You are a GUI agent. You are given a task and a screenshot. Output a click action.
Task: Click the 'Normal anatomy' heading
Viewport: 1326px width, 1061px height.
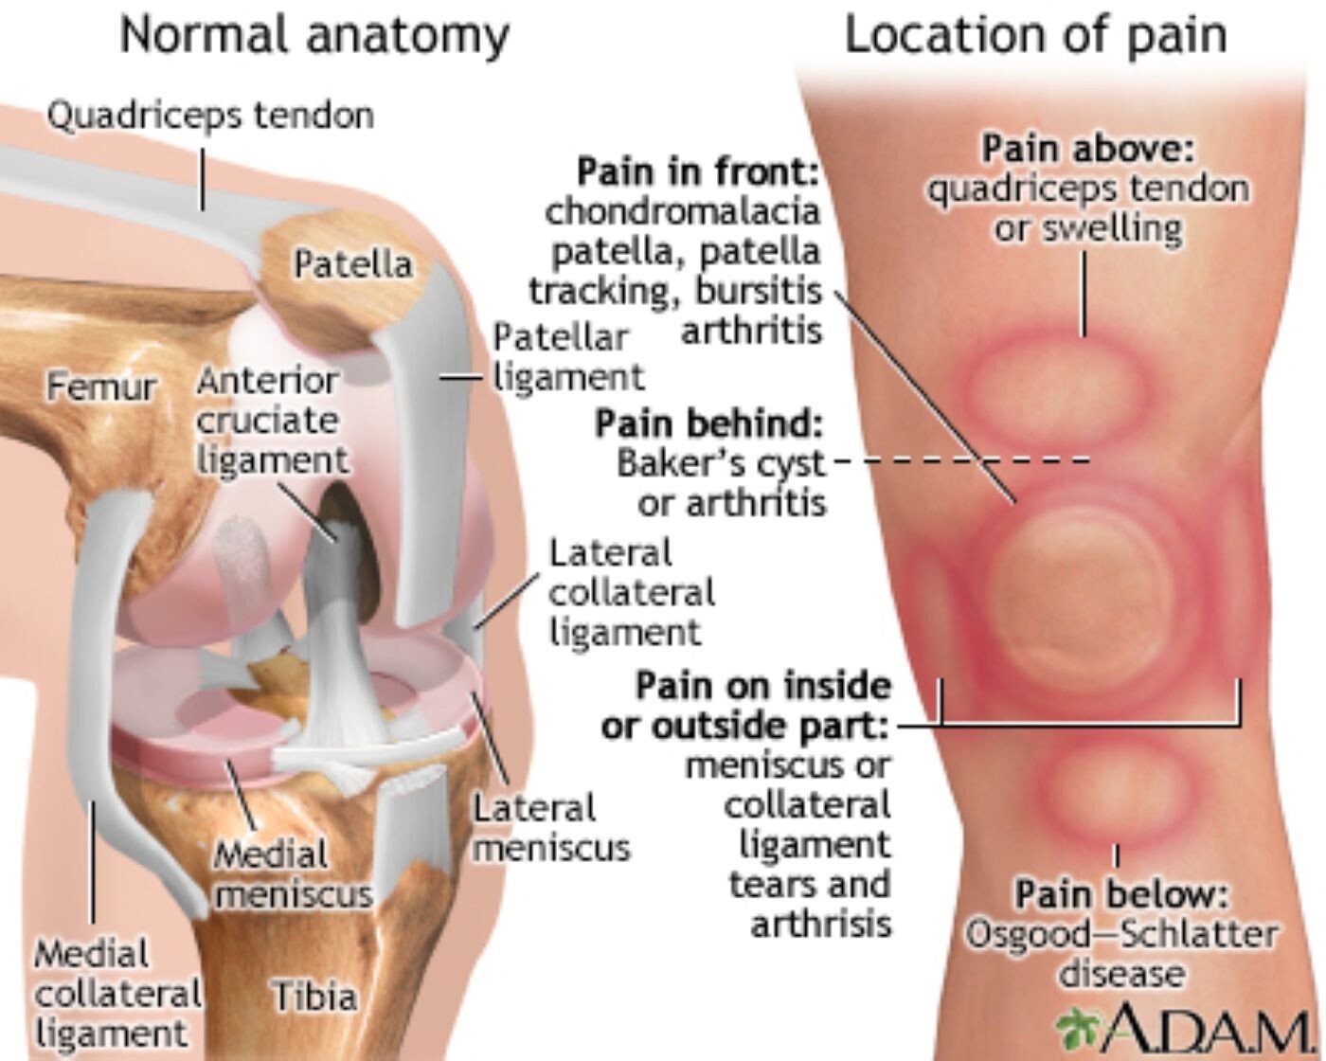pyautogui.click(x=314, y=37)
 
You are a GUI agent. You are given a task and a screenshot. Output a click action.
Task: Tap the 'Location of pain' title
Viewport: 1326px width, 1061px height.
pyautogui.click(x=1036, y=35)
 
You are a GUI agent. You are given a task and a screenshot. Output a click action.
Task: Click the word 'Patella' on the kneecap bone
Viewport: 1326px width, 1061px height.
pyautogui.click(x=353, y=264)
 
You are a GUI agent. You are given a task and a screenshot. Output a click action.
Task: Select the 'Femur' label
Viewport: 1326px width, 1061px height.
pyautogui.click(x=101, y=387)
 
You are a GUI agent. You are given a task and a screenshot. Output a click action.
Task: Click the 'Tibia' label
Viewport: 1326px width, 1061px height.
pyautogui.click(x=315, y=997)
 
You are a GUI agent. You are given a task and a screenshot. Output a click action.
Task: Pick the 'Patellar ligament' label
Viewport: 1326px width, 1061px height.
pyautogui.click(x=568, y=357)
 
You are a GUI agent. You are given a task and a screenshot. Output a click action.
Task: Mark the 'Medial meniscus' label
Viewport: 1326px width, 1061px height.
pyautogui.click(x=294, y=874)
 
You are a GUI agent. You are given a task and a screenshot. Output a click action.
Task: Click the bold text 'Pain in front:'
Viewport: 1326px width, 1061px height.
pyautogui.click(x=699, y=172)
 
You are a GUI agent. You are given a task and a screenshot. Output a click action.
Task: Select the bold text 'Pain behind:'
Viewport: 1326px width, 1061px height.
pyautogui.click(x=709, y=424)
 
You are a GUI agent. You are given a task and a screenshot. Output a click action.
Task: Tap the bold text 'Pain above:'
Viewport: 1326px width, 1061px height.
pyautogui.click(x=1088, y=149)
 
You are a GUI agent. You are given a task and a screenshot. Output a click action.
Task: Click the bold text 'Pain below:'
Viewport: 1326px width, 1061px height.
pyautogui.click(x=1121, y=894)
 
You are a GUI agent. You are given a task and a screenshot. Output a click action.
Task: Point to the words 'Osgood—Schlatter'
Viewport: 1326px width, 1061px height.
pyautogui.click(x=1120, y=935)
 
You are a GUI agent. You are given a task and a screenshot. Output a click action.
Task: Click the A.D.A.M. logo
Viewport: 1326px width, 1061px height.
pyautogui.click(x=1183, y=1027)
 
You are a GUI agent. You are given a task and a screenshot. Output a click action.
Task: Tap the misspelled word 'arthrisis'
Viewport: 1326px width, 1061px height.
pyautogui.click(x=821, y=924)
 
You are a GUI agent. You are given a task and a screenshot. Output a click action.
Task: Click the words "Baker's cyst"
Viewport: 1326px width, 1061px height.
pyautogui.click(x=721, y=464)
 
